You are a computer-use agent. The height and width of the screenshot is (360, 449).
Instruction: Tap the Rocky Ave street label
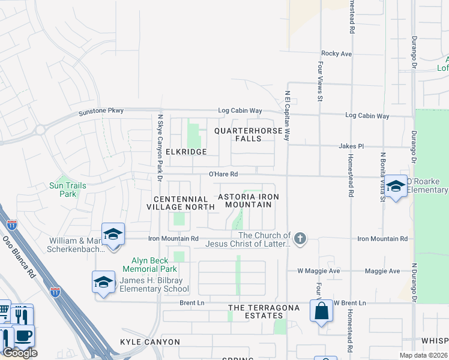coord(336,53)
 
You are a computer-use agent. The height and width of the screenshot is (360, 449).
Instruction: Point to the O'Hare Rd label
coord(223,174)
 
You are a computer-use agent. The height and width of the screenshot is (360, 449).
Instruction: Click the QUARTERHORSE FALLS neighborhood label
coord(247,134)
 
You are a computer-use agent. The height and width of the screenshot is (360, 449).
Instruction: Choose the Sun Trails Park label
coord(67,190)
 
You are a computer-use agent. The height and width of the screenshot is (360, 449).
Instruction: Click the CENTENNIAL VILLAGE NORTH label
coord(181,203)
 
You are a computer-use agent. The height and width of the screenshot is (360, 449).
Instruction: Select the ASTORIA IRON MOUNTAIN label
coord(248,200)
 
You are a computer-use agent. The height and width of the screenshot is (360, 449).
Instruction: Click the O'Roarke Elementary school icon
coord(396,187)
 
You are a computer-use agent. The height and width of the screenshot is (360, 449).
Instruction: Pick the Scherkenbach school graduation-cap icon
coord(112,235)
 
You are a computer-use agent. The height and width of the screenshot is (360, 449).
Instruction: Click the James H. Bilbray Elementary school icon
coord(103,282)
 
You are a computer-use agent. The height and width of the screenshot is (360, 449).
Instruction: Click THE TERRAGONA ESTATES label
coord(255,311)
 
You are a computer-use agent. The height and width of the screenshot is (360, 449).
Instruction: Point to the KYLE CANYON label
coord(150,342)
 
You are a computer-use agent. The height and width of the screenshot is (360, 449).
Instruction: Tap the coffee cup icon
coord(23,336)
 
